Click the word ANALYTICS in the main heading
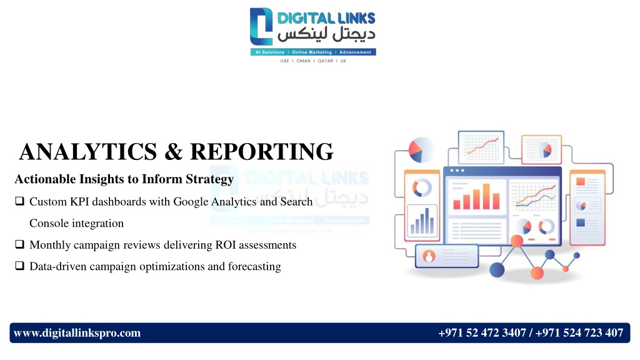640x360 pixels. tap(87, 151)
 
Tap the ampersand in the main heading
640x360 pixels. tap(174, 151)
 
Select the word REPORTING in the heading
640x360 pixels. tap(262, 151)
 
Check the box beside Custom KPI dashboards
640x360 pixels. tap(19, 201)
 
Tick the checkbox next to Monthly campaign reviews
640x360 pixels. tap(19, 244)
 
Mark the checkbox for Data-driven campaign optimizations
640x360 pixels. tap(19, 266)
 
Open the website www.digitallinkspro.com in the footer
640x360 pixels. tap(77, 333)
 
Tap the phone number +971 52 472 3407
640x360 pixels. tap(482, 333)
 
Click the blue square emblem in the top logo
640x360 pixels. tap(261, 26)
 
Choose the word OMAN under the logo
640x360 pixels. tap(303, 61)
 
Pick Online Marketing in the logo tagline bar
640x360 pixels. tap(312, 52)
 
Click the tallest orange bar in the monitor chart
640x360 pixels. tap(486, 196)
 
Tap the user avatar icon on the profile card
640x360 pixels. tap(429, 256)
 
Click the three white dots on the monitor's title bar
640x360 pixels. tap(457, 171)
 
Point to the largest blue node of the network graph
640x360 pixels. tap(497, 270)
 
